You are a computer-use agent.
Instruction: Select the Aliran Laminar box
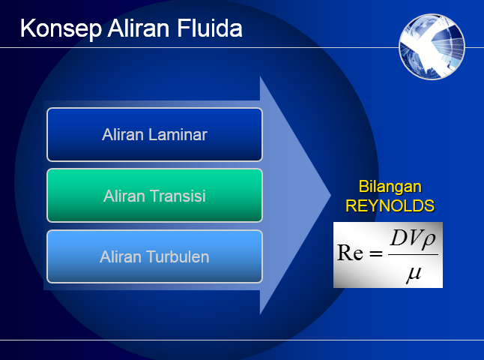[154, 134]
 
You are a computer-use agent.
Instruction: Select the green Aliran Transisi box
[154, 196]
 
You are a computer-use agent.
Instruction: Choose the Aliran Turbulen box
[154, 256]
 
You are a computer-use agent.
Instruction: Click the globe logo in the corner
[432, 46]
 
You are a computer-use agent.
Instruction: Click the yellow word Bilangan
[390, 187]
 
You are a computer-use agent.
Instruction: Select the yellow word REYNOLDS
[390, 205]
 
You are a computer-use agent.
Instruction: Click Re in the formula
[350, 252]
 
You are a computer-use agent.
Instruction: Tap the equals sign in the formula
[375, 253]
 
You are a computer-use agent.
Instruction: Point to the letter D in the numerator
[398, 239]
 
